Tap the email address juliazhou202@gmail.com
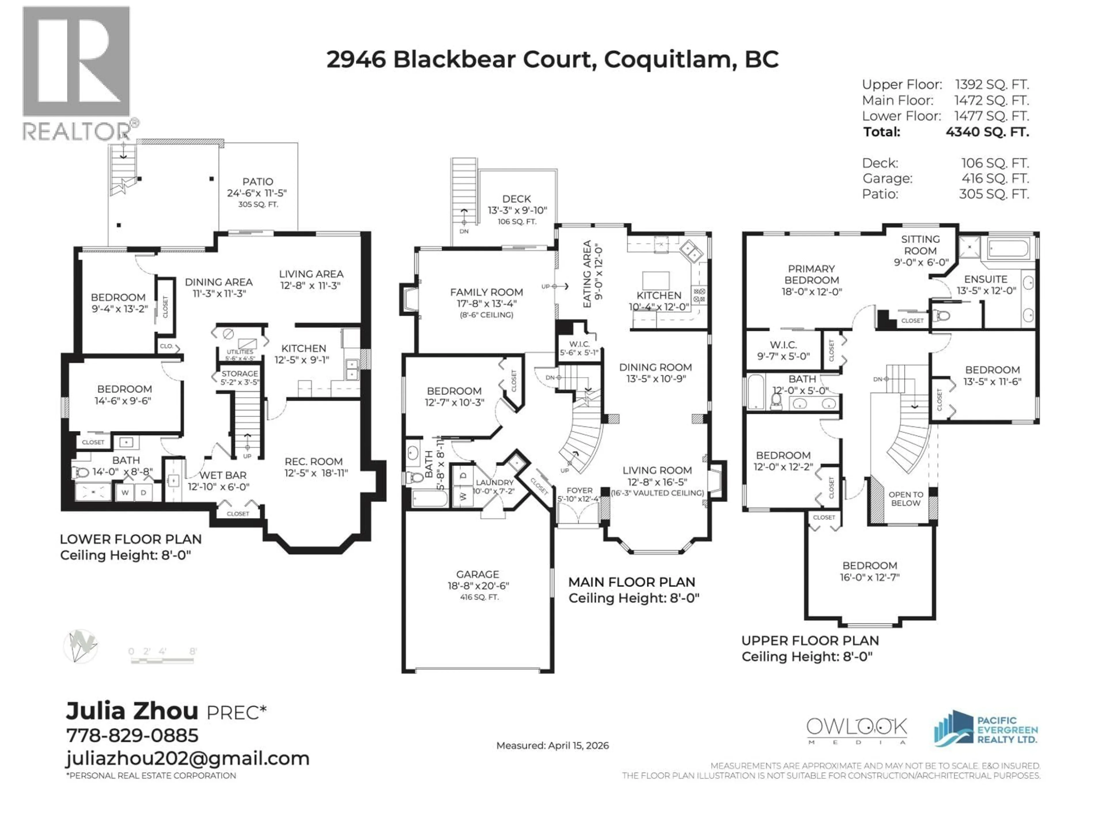[188, 758]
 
